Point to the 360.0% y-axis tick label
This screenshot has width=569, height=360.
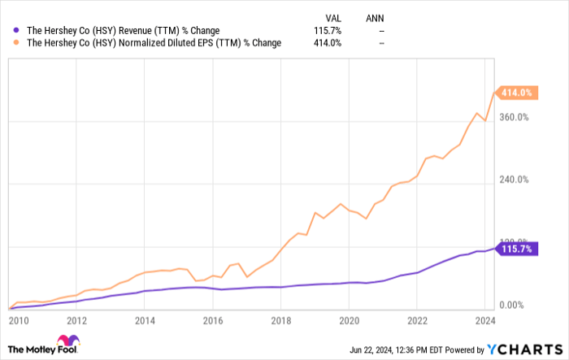click(x=514, y=118)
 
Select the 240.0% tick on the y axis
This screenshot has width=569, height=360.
click(x=514, y=180)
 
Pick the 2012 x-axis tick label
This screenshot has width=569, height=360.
click(x=76, y=320)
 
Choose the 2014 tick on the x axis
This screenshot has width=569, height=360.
click(x=145, y=320)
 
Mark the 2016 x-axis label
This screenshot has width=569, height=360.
click(x=212, y=320)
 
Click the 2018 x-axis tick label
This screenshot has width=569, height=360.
click(x=280, y=320)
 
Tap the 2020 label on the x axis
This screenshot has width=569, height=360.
click(x=349, y=320)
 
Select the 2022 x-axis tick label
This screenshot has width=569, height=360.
click(x=416, y=320)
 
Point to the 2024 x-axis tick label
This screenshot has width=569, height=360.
click(x=484, y=320)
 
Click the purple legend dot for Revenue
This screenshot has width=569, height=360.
click(x=18, y=31)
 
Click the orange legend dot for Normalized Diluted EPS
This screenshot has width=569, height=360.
click(x=18, y=43)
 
